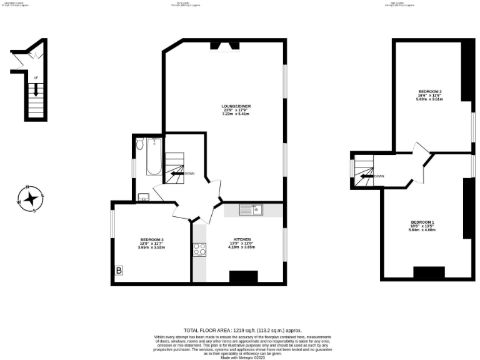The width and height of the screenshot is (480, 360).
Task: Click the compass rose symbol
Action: click(x=30, y=199)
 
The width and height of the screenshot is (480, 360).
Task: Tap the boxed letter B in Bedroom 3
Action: click(x=119, y=271)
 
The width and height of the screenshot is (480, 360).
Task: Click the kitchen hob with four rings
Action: click(x=200, y=249)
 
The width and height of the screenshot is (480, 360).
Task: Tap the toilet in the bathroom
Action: click(x=140, y=144)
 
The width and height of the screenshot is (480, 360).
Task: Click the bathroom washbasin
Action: click(x=143, y=198)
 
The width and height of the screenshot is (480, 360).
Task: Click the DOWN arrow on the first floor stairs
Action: click(x=177, y=174)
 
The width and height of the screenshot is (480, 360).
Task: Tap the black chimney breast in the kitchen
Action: click(x=243, y=276)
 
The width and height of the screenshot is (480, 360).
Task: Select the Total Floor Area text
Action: click(x=242, y=329)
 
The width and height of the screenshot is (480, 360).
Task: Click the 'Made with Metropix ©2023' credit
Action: click(x=242, y=357)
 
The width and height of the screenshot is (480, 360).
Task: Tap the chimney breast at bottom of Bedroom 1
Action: click(x=429, y=272)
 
